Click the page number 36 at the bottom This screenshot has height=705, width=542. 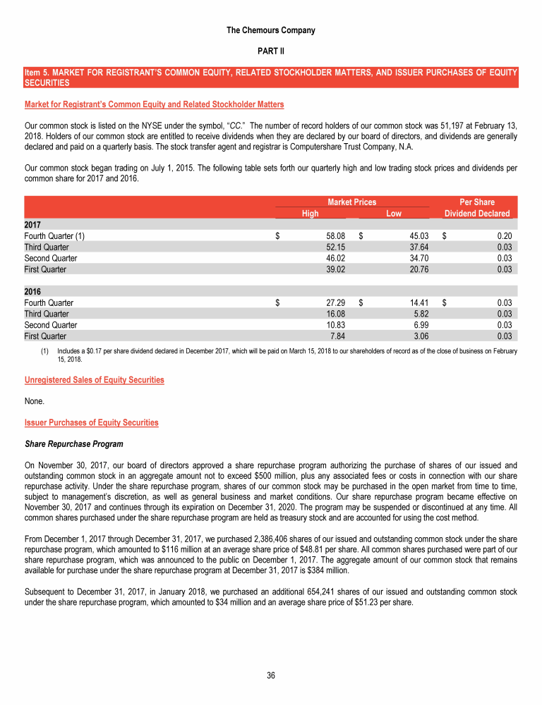click(271, 676)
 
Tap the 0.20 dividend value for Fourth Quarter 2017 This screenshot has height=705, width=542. click(504, 236)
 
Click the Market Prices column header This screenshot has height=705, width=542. click(351, 202)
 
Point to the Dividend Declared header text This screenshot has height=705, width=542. click(476, 214)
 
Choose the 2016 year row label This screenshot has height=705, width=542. click(33, 291)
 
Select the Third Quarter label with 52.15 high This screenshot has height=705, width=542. click(47, 247)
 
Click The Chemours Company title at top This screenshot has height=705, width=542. click(271, 30)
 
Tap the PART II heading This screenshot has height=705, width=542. click(271, 52)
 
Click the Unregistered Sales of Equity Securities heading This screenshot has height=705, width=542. click(94, 379)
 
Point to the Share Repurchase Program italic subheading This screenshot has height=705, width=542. click(73, 444)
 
